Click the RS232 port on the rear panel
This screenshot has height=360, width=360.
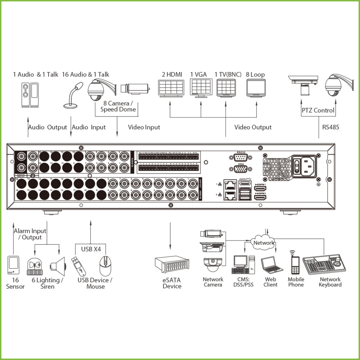click(x=240, y=157)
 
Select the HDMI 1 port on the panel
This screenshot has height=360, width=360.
click(x=260, y=189)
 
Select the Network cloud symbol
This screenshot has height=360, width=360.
click(x=264, y=243)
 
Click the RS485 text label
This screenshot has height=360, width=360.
click(x=331, y=127)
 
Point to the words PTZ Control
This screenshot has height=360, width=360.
click(x=318, y=111)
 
